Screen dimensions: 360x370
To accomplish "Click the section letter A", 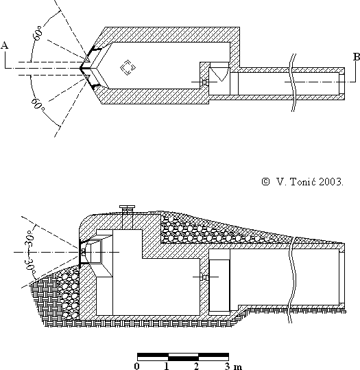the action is click(5, 45).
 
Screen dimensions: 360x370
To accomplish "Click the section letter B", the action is click(357, 57).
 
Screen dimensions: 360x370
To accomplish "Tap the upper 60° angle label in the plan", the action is click(38, 34).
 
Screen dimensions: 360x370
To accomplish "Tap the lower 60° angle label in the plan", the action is click(38, 104).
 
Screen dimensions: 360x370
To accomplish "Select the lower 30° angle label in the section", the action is click(29, 266).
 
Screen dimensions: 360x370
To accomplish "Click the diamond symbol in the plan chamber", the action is click(128, 67).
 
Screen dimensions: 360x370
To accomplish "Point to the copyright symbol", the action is click(265, 181).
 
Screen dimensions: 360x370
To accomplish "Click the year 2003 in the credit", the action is click(331, 182).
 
